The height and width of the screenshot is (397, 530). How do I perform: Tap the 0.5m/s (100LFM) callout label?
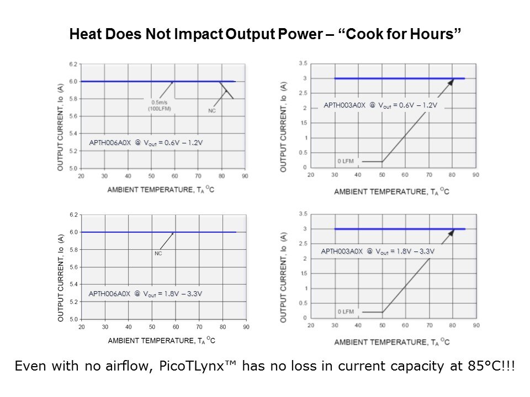click(161, 105)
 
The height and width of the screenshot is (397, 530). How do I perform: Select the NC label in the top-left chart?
click(212, 111)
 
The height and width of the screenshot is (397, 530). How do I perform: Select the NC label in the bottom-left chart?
click(158, 254)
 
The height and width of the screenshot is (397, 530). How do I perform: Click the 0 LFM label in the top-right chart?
click(346, 162)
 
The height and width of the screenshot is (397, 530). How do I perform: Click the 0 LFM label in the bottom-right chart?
click(346, 312)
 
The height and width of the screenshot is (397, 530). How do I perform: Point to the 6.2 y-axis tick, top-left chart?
click(73, 65)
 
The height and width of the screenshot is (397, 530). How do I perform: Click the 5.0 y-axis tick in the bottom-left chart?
click(73, 319)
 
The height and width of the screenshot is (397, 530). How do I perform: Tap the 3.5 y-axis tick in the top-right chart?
click(303, 64)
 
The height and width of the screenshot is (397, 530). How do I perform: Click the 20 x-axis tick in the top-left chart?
click(81, 176)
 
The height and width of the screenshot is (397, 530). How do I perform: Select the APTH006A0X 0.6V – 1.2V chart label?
click(146, 143)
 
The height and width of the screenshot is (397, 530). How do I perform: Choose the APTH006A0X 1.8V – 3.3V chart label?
click(145, 294)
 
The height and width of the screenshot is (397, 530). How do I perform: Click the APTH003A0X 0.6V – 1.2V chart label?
click(380, 105)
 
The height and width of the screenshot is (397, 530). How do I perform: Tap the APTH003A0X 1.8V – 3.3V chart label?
click(378, 251)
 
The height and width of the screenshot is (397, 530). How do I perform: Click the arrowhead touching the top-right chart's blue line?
click(450, 82)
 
